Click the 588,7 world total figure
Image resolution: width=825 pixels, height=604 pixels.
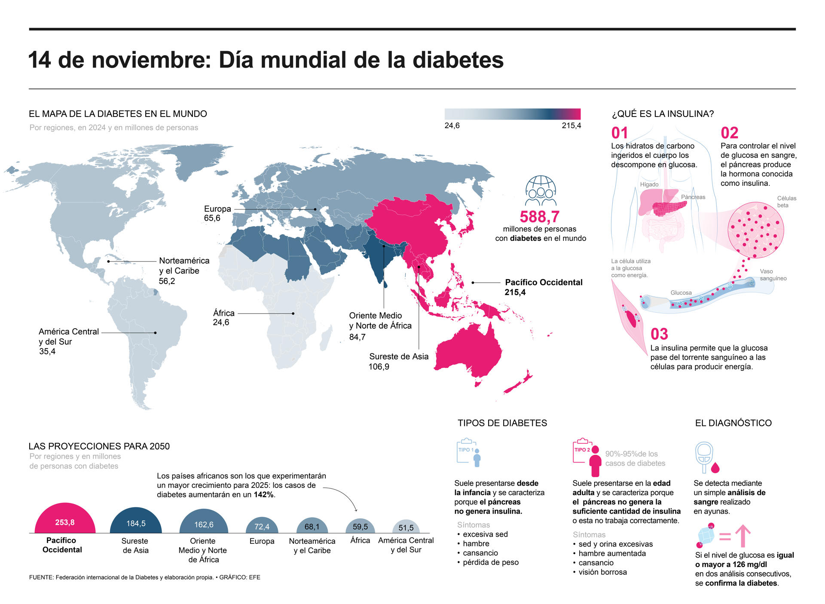click(x=540, y=216)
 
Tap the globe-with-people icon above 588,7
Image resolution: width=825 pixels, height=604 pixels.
click(x=541, y=191)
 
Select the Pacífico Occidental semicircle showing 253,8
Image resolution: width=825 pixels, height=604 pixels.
click(x=65, y=520)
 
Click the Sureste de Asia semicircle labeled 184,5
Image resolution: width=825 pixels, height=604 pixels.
click(x=136, y=522)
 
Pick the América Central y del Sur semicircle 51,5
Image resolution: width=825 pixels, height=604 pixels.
click(x=406, y=527)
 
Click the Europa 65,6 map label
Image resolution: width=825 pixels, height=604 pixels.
click(x=217, y=213)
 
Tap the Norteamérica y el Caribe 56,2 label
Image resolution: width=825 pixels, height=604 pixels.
click(x=184, y=271)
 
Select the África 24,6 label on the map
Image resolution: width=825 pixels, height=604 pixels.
click(x=223, y=317)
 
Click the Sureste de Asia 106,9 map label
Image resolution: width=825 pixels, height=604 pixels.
click(x=398, y=361)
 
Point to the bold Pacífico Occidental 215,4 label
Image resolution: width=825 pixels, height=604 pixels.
click(x=543, y=287)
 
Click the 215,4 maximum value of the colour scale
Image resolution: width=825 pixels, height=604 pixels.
click(x=571, y=126)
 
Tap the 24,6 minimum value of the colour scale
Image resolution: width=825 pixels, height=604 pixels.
click(x=452, y=126)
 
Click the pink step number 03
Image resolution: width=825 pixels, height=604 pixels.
click(x=659, y=334)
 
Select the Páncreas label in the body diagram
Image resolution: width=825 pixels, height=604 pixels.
click(x=693, y=197)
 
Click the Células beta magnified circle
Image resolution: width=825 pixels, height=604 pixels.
click(x=755, y=230)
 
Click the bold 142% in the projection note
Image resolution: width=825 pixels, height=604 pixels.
click(x=263, y=495)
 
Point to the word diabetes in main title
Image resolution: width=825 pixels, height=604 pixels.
click(x=458, y=60)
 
